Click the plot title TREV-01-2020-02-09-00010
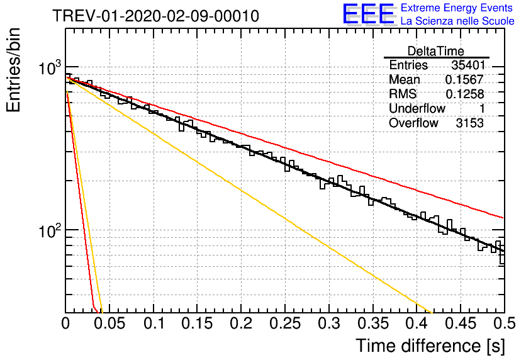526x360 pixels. [155, 16]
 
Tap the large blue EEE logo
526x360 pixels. [369, 14]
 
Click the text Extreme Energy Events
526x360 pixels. [457, 8]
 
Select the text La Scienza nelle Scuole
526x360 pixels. [457, 21]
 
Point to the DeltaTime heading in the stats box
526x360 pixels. [436, 51]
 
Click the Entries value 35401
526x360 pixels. [468, 65]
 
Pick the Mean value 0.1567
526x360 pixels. [464, 79]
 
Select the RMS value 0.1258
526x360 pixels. [464, 94]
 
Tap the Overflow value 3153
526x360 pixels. [469, 123]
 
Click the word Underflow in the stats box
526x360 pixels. [417, 108]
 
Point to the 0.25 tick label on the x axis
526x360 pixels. [285, 323]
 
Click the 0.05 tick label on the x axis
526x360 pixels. [109, 323]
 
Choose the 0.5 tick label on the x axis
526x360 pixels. [505, 323]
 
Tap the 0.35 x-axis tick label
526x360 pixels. [373, 323]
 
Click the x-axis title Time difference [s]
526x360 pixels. [430, 346]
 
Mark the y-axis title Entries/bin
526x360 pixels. [13, 70]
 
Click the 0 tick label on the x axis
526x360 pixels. [65, 323]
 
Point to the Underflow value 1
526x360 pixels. [482, 108]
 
